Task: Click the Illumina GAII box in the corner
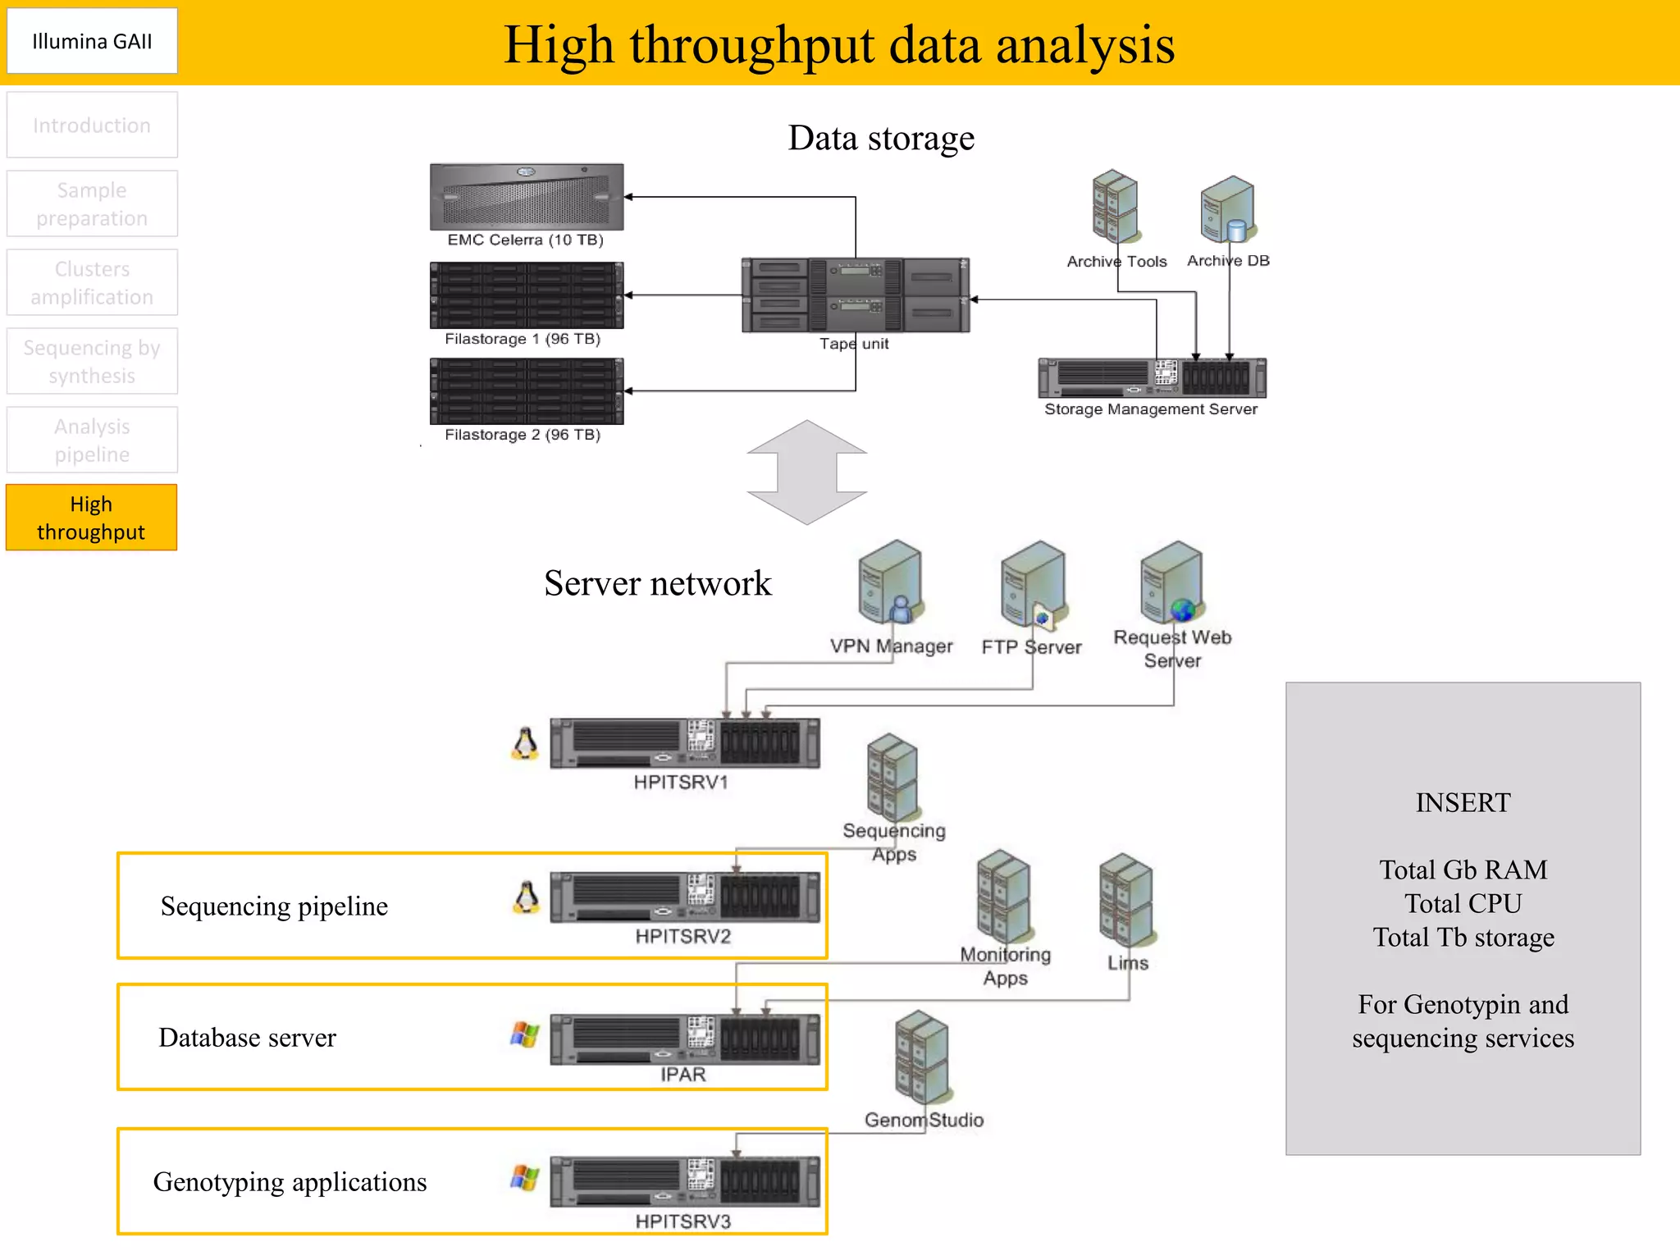(92, 41)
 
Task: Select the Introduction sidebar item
(92, 126)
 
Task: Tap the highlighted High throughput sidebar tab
(91, 518)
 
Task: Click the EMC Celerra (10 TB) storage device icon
(527, 197)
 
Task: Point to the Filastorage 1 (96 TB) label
(523, 339)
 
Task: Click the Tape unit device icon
(855, 295)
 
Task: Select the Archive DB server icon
(1228, 210)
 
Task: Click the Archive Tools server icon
(1115, 207)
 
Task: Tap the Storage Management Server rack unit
(1152, 378)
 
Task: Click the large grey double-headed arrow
(807, 472)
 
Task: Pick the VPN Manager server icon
(891, 582)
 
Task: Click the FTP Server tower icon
(1033, 584)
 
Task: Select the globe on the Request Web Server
(1182, 610)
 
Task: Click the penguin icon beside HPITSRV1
(525, 744)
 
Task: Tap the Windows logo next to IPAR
(525, 1034)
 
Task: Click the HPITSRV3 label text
(682, 1221)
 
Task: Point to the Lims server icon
(1126, 901)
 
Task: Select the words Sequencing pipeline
(274, 906)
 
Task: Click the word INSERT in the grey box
(1463, 802)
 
